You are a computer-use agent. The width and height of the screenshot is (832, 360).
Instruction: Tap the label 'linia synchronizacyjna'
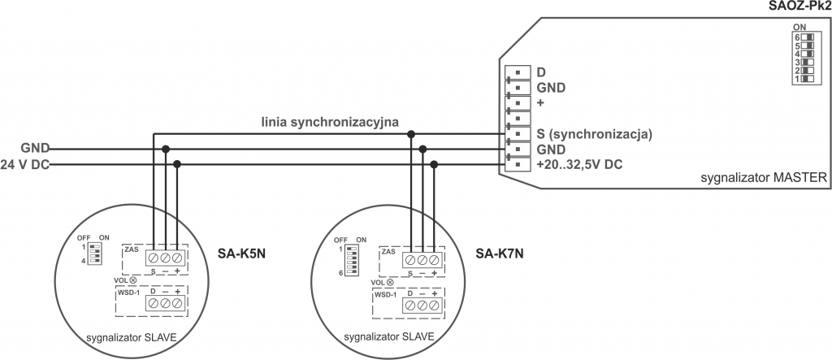pyautogui.click(x=329, y=123)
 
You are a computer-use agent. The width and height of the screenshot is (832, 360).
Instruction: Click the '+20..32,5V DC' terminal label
pyautogui.click(x=580, y=164)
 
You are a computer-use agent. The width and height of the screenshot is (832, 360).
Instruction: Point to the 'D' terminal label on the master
pyautogui.click(x=541, y=72)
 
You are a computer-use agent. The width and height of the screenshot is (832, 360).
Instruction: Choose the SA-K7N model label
pyautogui.click(x=500, y=253)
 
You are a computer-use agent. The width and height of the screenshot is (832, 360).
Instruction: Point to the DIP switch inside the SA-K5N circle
pyautogui.click(x=95, y=251)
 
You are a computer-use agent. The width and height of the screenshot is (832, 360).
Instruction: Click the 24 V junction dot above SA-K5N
pyautogui.click(x=177, y=164)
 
